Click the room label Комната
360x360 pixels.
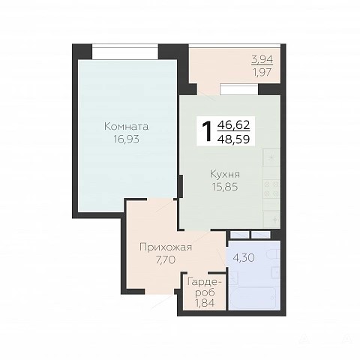click(x=126, y=127)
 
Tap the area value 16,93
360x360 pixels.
click(x=127, y=139)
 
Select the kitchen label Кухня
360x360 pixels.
click(x=225, y=174)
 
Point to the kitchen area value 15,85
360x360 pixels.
click(x=225, y=187)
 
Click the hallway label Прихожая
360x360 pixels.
click(x=166, y=247)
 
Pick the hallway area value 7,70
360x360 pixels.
click(x=166, y=260)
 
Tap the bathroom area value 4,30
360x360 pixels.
click(x=244, y=257)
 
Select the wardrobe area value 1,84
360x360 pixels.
click(x=205, y=303)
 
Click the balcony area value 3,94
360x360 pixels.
click(x=262, y=59)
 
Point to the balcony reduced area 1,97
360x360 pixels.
click(x=262, y=72)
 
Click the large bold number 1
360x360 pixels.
click(x=208, y=131)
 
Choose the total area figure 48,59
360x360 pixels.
click(x=234, y=139)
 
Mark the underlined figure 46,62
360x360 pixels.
click(x=234, y=124)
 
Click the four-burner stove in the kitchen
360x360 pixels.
click(x=271, y=189)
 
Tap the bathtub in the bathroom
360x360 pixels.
click(x=253, y=298)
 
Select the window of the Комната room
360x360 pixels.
click(x=125, y=52)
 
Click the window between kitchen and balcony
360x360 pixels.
click(x=239, y=90)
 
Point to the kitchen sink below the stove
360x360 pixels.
click(x=271, y=219)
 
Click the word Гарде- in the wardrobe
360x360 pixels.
click(x=205, y=282)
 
